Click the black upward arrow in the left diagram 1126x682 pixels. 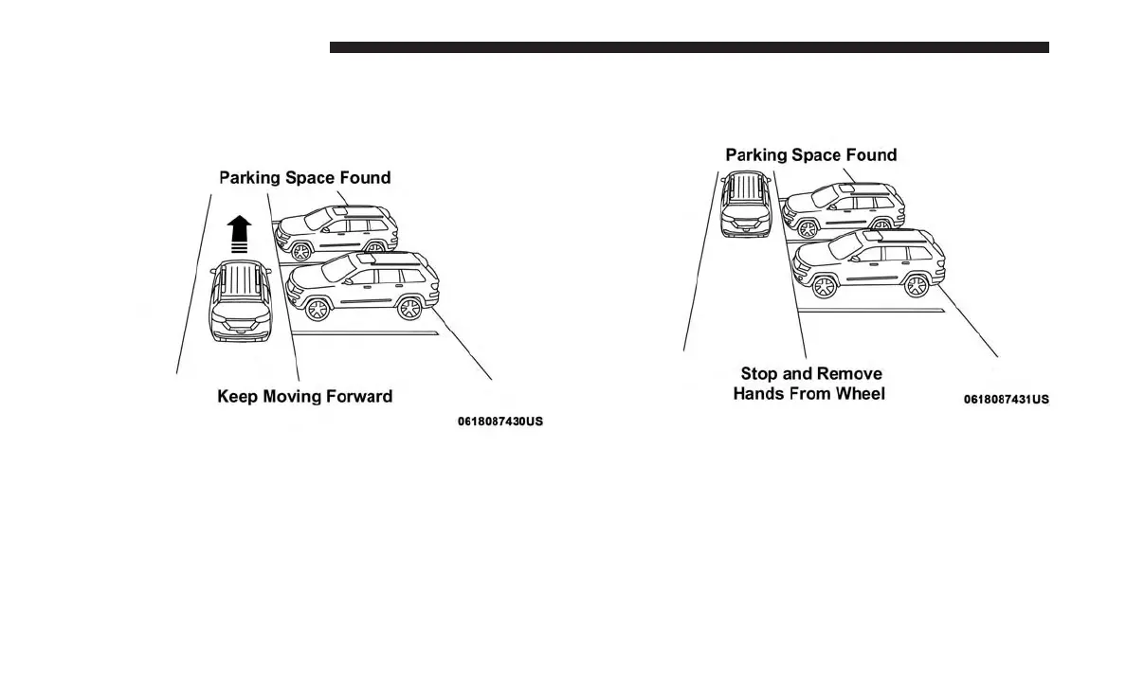(239, 234)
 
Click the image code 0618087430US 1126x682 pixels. (500, 421)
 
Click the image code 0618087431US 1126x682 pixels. (1007, 400)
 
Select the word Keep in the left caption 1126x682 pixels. (237, 397)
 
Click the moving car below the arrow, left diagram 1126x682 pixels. (240, 301)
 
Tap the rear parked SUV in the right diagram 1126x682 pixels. (844, 208)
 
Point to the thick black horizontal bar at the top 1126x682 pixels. (689, 47)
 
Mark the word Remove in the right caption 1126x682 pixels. (848, 374)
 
